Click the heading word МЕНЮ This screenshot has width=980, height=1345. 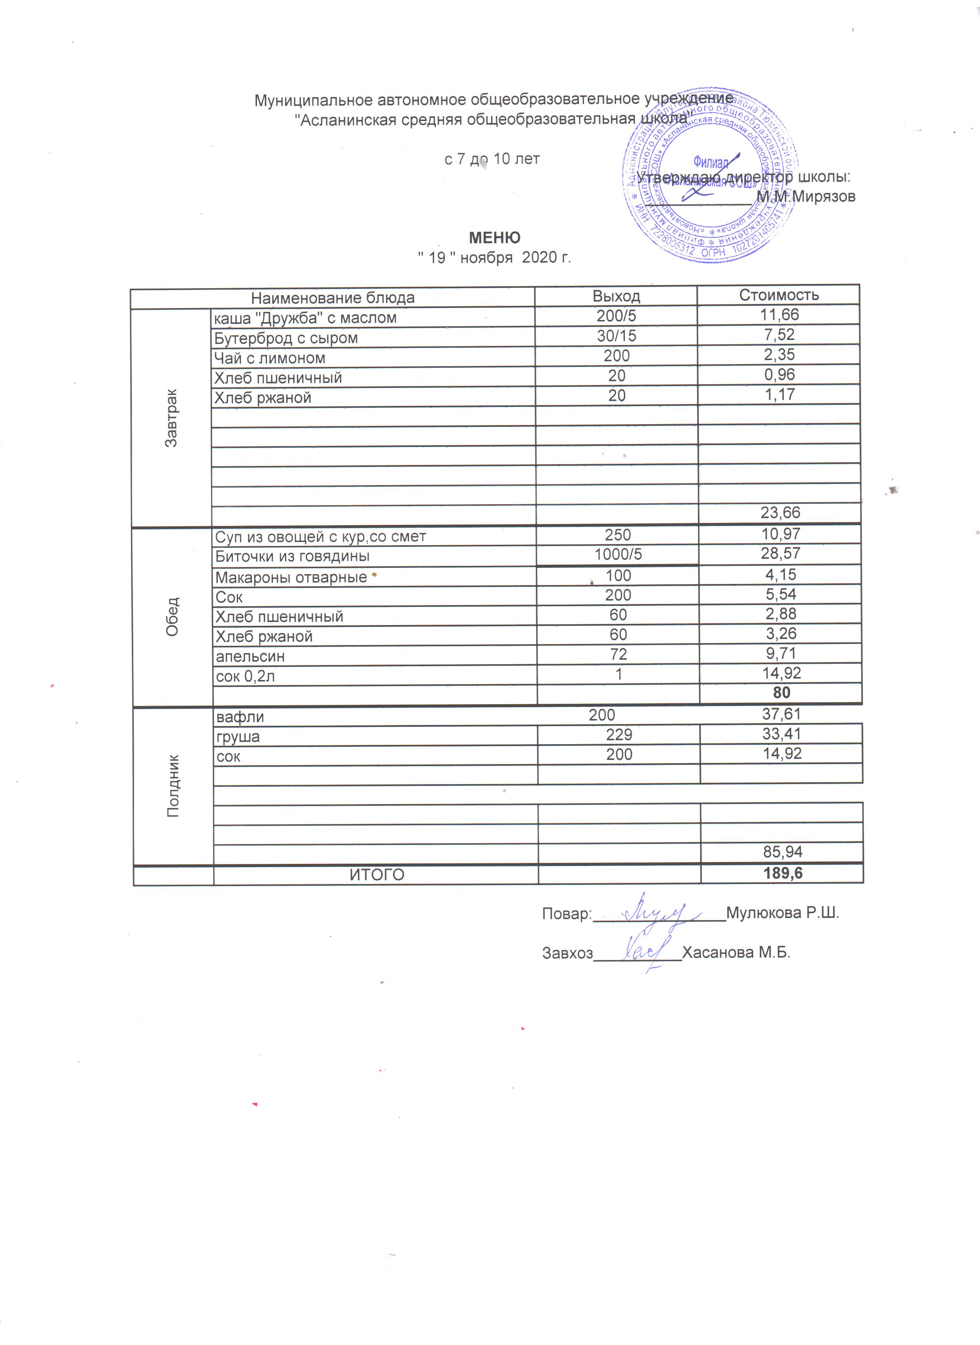click(494, 238)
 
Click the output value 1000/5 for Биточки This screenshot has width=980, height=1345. click(618, 554)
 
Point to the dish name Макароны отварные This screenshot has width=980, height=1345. click(291, 577)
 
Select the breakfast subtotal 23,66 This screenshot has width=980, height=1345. click(780, 512)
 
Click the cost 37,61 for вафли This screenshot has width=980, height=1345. click(781, 714)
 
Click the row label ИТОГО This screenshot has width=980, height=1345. click(377, 875)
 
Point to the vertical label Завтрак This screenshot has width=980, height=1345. click(171, 418)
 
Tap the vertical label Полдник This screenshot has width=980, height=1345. click(173, 786)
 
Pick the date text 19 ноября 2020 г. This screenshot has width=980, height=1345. click(494, 257)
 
